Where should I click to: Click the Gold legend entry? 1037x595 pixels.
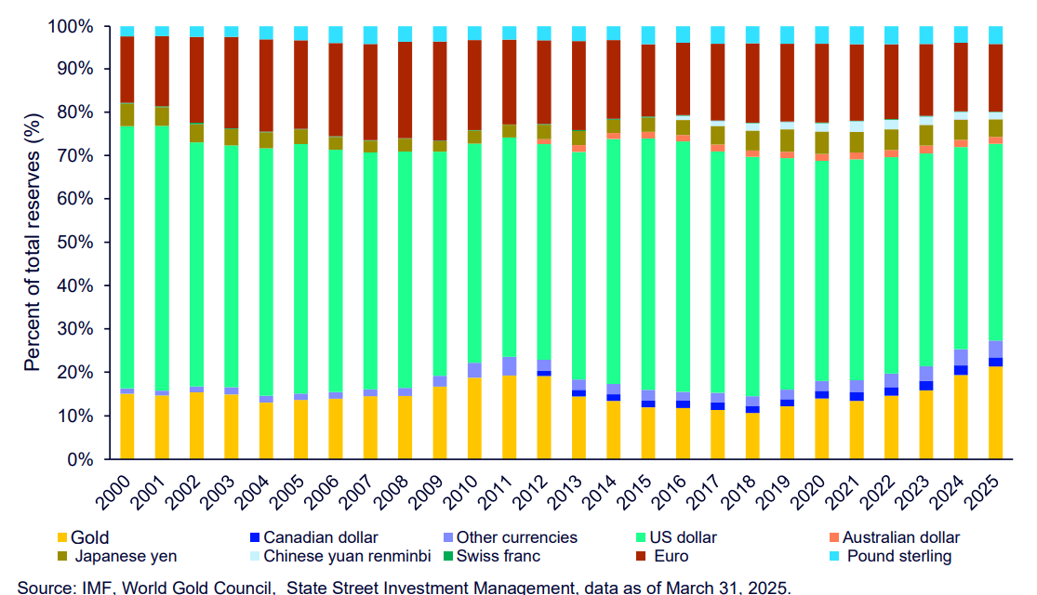coord(90,537)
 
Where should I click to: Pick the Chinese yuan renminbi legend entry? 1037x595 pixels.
coord(345,557)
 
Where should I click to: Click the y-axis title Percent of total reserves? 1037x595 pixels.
coord(33,242)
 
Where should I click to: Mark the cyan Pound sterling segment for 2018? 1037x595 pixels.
coord(752,34)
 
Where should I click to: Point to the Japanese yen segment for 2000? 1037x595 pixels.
coord(127,114)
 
